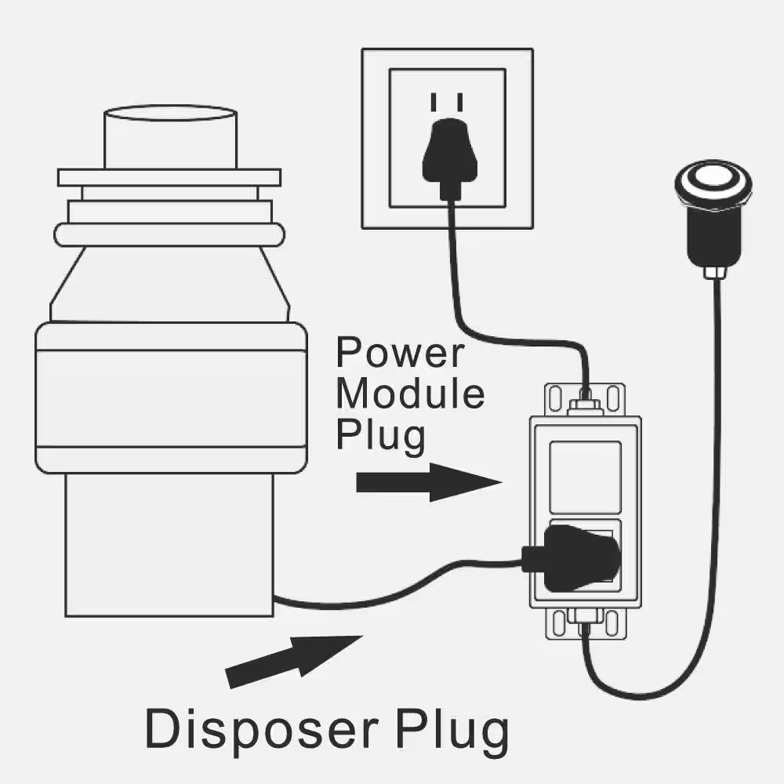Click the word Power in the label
coord(399,353)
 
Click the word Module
coord(409,394)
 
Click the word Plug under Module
coord(380,436)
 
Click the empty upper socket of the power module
coord(585,476)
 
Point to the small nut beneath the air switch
coord(713,271)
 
